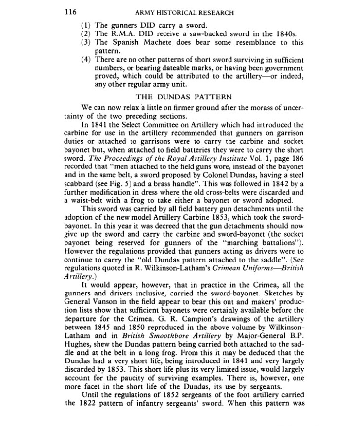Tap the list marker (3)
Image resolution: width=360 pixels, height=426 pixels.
click(86, 42)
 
